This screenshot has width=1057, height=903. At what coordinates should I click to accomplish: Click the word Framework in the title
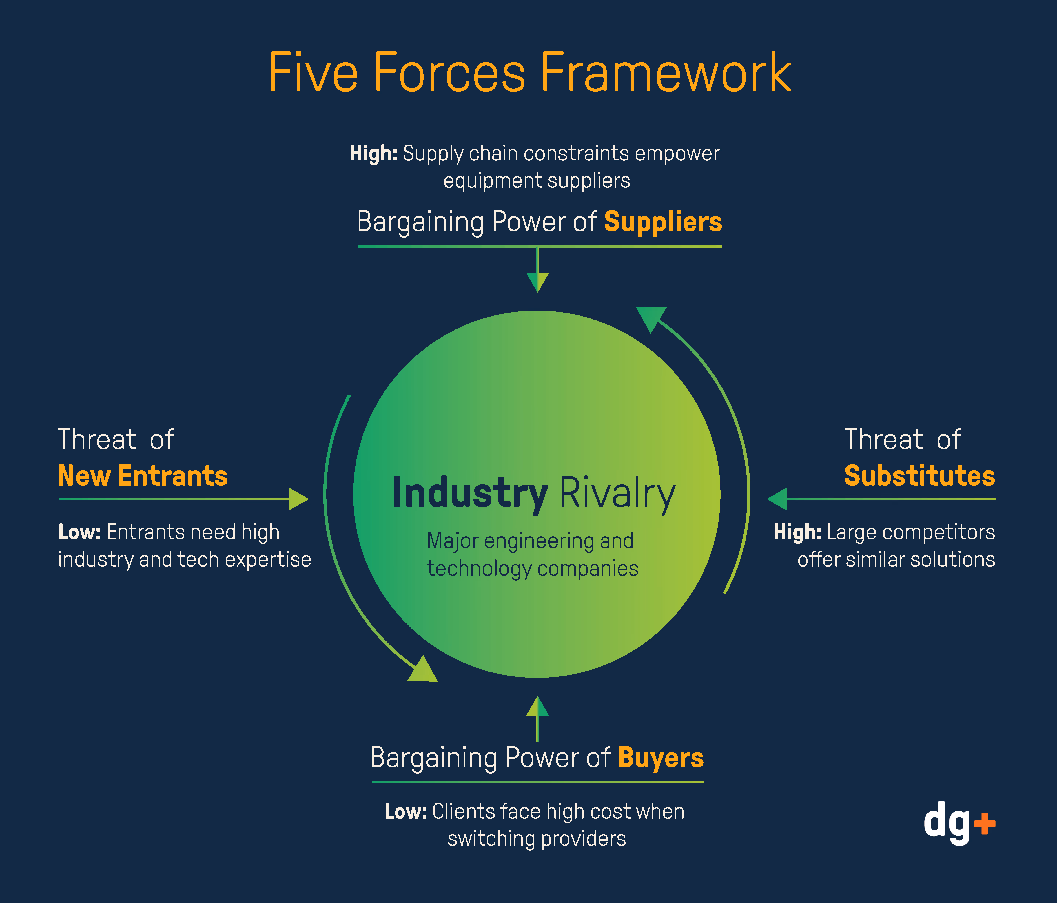666,73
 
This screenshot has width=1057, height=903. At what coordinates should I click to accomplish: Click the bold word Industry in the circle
470,493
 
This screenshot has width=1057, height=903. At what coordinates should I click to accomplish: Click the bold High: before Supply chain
373,154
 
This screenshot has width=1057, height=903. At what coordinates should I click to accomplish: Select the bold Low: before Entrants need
80,532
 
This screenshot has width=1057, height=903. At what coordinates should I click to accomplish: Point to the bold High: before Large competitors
797,532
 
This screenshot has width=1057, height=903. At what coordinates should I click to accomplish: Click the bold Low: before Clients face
406,811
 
